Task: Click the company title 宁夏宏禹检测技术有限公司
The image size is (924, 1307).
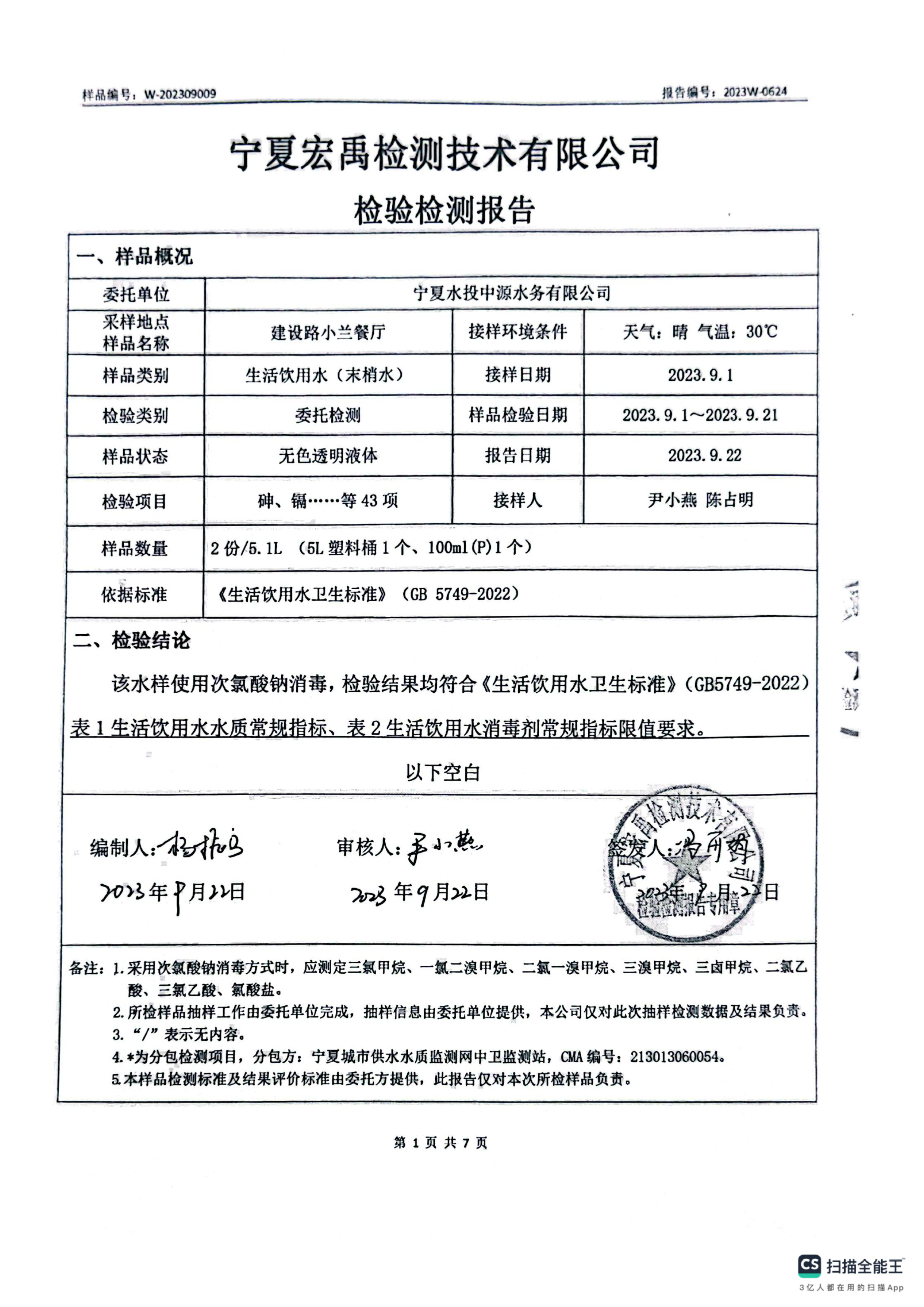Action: [444, 154]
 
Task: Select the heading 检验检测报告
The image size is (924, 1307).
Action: [444, 210]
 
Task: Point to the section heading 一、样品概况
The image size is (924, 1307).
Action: [135, 257]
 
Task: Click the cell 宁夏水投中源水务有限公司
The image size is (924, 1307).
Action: [511, 294]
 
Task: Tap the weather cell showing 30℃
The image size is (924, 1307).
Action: [700, 331]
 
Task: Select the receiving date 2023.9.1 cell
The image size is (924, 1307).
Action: [700, 375]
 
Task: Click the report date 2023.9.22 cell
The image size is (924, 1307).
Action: [704, 456]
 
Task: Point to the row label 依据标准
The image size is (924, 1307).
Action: [135, 595]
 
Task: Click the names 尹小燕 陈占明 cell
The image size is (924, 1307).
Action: [700, 500]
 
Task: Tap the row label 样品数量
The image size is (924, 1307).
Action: [135, 549]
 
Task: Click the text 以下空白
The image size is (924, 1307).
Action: [443, 773]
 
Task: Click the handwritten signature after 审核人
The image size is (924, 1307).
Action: [444, 848]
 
